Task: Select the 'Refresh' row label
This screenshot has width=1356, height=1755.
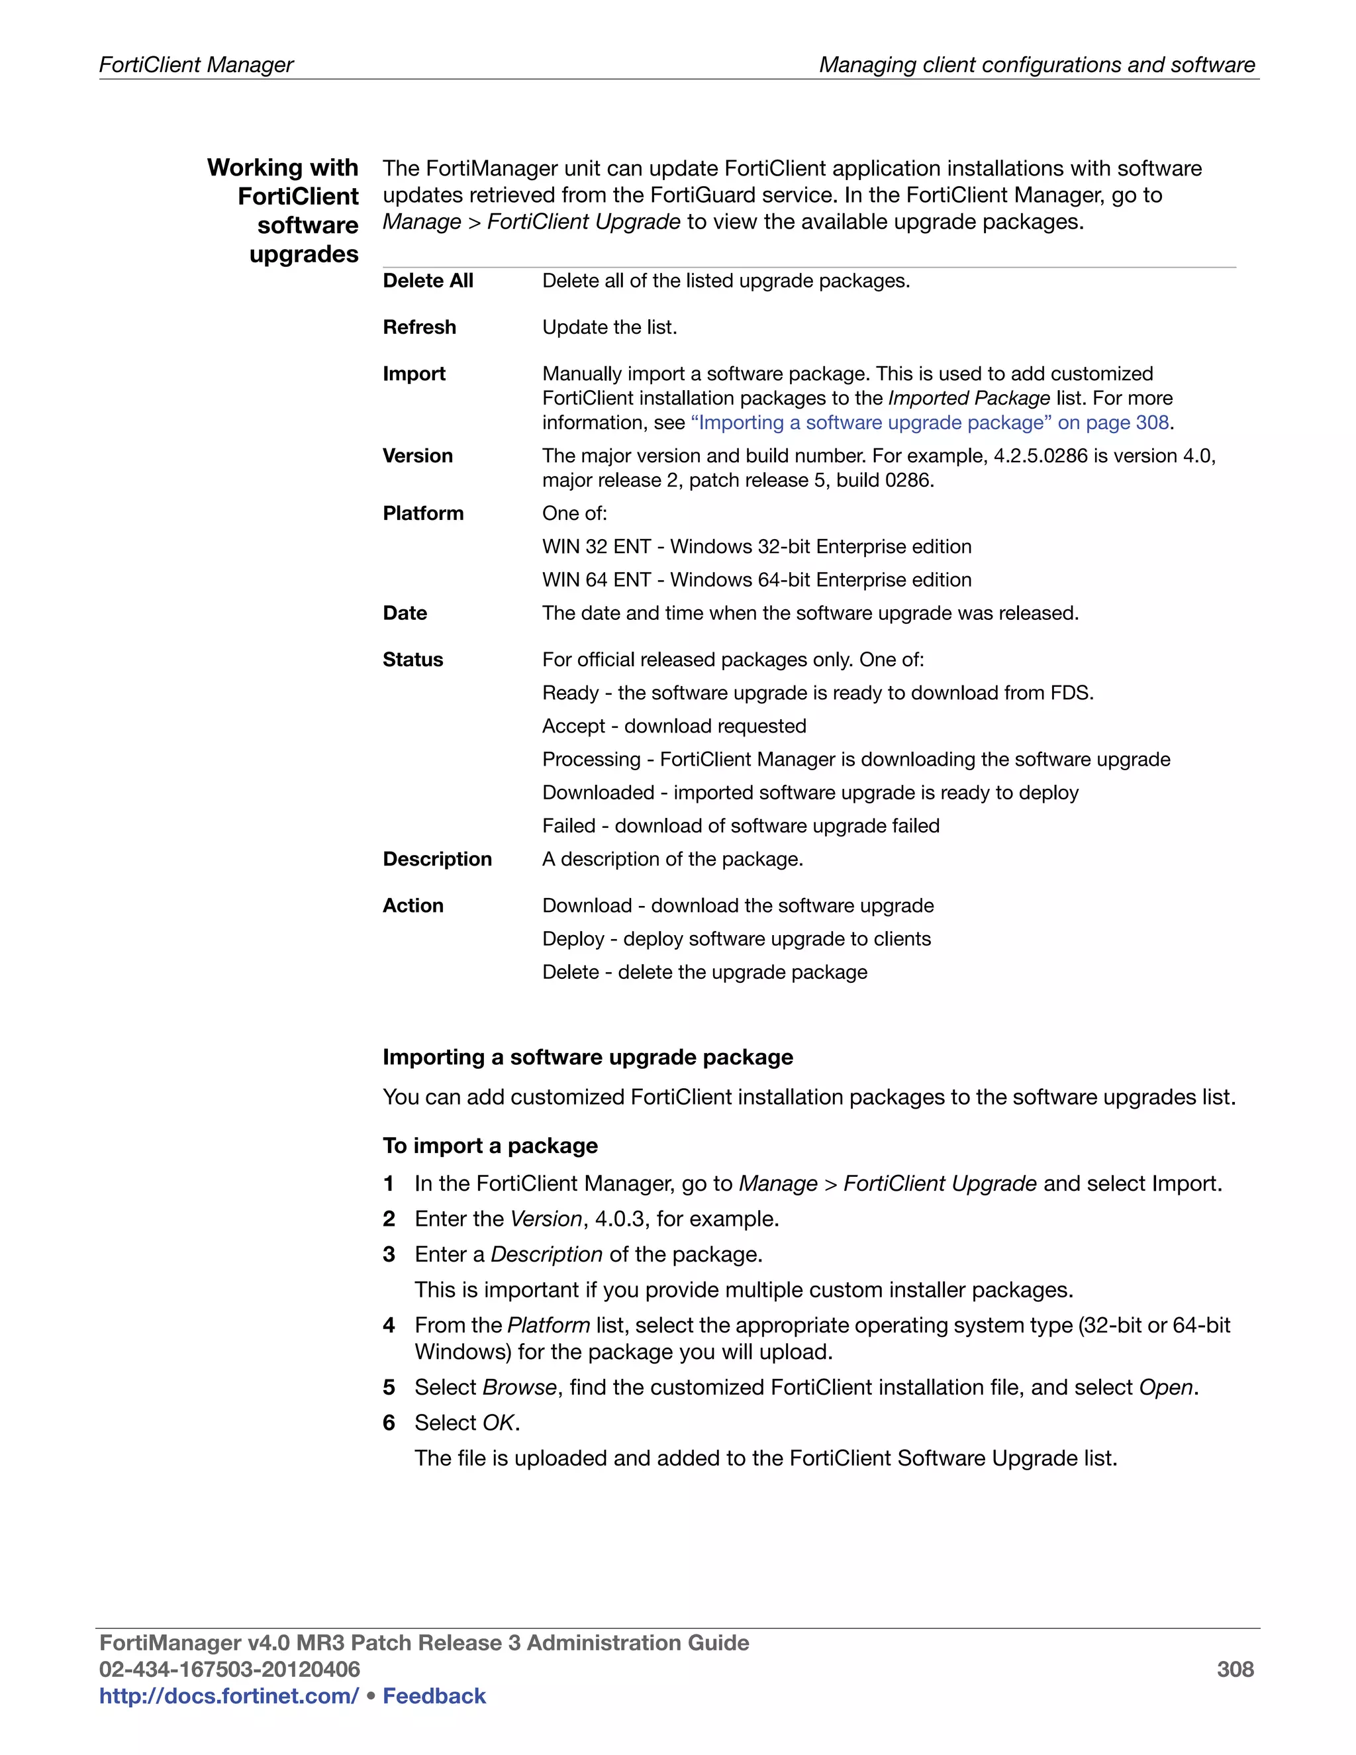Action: pos(418,327)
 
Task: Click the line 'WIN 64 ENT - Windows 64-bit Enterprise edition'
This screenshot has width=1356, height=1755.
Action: pos(756,579)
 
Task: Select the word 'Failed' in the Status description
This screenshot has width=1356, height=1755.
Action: pos(569,825)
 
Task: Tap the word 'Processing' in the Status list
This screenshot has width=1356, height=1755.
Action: pos(591,760)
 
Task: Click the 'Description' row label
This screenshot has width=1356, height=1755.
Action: pos(436,859)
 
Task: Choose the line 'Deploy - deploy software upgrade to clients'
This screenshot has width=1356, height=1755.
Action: pos(736,938)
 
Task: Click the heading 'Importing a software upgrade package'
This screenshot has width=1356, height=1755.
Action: pos(587,1057)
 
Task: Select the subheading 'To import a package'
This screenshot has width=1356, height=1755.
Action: pos(490,1145)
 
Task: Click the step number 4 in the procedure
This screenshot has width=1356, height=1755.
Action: pos(389,1325)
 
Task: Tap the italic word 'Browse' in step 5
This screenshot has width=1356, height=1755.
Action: pos(519,1387)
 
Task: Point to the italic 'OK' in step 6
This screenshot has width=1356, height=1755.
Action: pos(498,1423)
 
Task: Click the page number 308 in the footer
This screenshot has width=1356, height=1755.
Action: pos(1234,1669)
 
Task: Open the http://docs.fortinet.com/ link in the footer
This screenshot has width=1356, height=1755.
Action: pos(228,1695)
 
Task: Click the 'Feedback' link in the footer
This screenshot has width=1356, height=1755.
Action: pos(434,1695)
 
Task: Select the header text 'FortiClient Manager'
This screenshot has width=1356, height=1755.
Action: pos(196,64)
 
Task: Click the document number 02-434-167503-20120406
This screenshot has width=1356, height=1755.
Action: pos(229,1669)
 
